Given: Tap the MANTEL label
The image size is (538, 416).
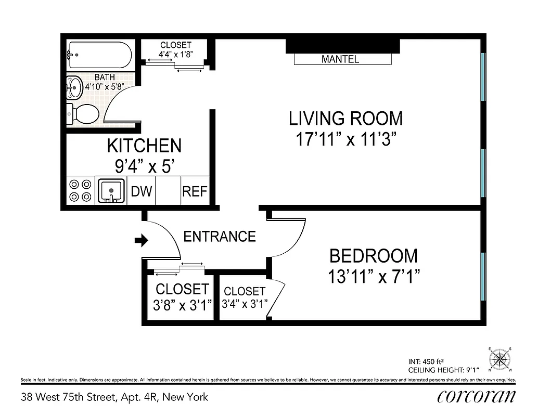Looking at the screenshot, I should pos(340,59).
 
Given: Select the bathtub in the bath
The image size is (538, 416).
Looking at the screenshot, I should pos(98,55).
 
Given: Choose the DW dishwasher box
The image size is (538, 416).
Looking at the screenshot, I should pos(141,191).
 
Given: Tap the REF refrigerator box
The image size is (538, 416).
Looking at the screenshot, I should pos(195,191).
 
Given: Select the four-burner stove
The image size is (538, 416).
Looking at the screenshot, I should pos(80,191).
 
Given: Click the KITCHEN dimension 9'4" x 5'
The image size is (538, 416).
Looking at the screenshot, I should pos(144,166).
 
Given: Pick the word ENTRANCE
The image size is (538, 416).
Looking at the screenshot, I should pos(220,237).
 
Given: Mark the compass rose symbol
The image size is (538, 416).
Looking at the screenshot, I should pos(501,359).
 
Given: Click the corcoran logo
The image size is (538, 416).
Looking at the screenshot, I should pos(476,397).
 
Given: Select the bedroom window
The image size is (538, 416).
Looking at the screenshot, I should pos(483,276).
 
